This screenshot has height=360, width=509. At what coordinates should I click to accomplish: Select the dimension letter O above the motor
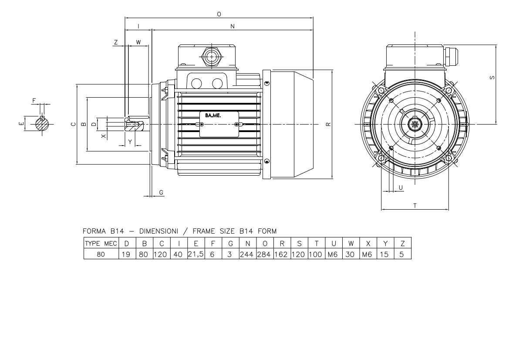click(219, 14)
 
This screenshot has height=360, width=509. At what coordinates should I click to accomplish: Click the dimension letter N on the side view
click(233, 27)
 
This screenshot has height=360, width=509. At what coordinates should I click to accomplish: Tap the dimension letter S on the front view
click(492, 78)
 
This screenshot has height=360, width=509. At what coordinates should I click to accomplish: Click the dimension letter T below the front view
click(415, 205)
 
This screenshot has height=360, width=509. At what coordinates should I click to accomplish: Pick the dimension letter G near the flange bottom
click(161, 192)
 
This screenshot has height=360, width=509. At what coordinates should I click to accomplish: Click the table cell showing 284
click(264, 253)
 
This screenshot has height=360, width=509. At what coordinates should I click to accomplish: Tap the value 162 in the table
click(281, 253)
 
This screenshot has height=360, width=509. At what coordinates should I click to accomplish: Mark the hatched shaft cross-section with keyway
click(42, 124)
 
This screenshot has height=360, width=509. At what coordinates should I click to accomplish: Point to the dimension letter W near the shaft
click(138, 42)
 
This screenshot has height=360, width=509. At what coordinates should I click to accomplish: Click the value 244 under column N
click(247, 253)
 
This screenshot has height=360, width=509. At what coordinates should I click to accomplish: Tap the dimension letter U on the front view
click(400, 187)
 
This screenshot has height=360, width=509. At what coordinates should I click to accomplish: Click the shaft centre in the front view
click(415, 124)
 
